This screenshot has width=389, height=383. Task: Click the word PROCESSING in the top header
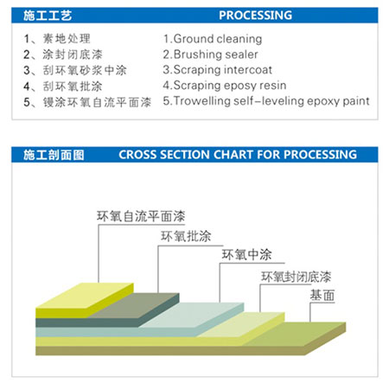(255, 16)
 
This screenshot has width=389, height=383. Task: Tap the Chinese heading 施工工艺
(48, 16)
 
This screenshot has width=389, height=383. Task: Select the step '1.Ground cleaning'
(213, 39)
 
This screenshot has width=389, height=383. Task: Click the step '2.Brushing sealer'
(210, 54)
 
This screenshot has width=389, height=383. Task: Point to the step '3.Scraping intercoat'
(218, 70)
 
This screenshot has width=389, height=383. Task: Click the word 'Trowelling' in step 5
(202, 101)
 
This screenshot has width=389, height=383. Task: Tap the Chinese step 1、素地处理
(57, 39)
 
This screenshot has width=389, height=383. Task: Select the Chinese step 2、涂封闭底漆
(63, 54)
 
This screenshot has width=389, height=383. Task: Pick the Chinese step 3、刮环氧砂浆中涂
(75, 70)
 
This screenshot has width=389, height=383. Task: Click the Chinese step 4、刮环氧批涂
(63, 86)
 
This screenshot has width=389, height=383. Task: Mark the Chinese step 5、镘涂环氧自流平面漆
(87, 102)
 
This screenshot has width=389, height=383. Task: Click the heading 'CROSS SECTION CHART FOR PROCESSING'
(238, 155)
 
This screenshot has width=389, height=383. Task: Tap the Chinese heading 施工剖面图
(54, 155)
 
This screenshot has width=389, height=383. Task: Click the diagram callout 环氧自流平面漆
(141, 216)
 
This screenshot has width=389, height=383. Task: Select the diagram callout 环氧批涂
(186, 236)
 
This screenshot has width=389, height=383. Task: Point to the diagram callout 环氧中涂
(246, 254)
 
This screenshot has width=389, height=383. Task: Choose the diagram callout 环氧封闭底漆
(297, 277)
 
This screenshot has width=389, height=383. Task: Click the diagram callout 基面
(322, 296)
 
